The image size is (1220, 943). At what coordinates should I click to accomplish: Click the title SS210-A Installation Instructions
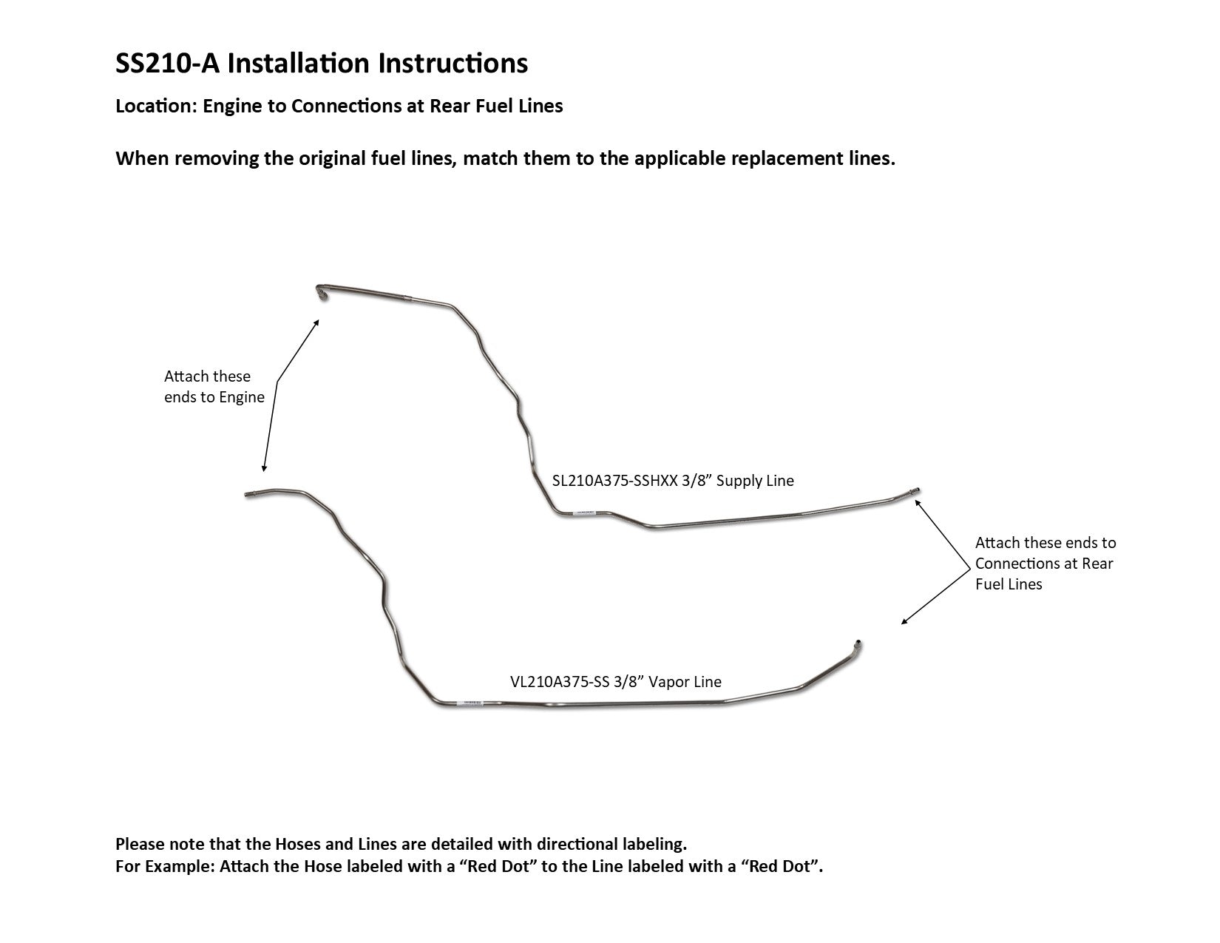(322, 64)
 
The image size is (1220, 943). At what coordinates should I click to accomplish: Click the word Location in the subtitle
(152, 106)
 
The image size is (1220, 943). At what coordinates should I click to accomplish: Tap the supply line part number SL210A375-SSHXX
(614, 481)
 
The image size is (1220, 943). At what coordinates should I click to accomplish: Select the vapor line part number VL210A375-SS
(558, 681)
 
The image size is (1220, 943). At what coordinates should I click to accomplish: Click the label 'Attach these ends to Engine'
(214, 387)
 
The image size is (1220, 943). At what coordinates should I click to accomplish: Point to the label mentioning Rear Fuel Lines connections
(1045, 563)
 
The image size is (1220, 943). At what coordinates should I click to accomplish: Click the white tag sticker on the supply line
(585, 513)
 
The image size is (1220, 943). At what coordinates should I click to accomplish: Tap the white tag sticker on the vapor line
(469, 703)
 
